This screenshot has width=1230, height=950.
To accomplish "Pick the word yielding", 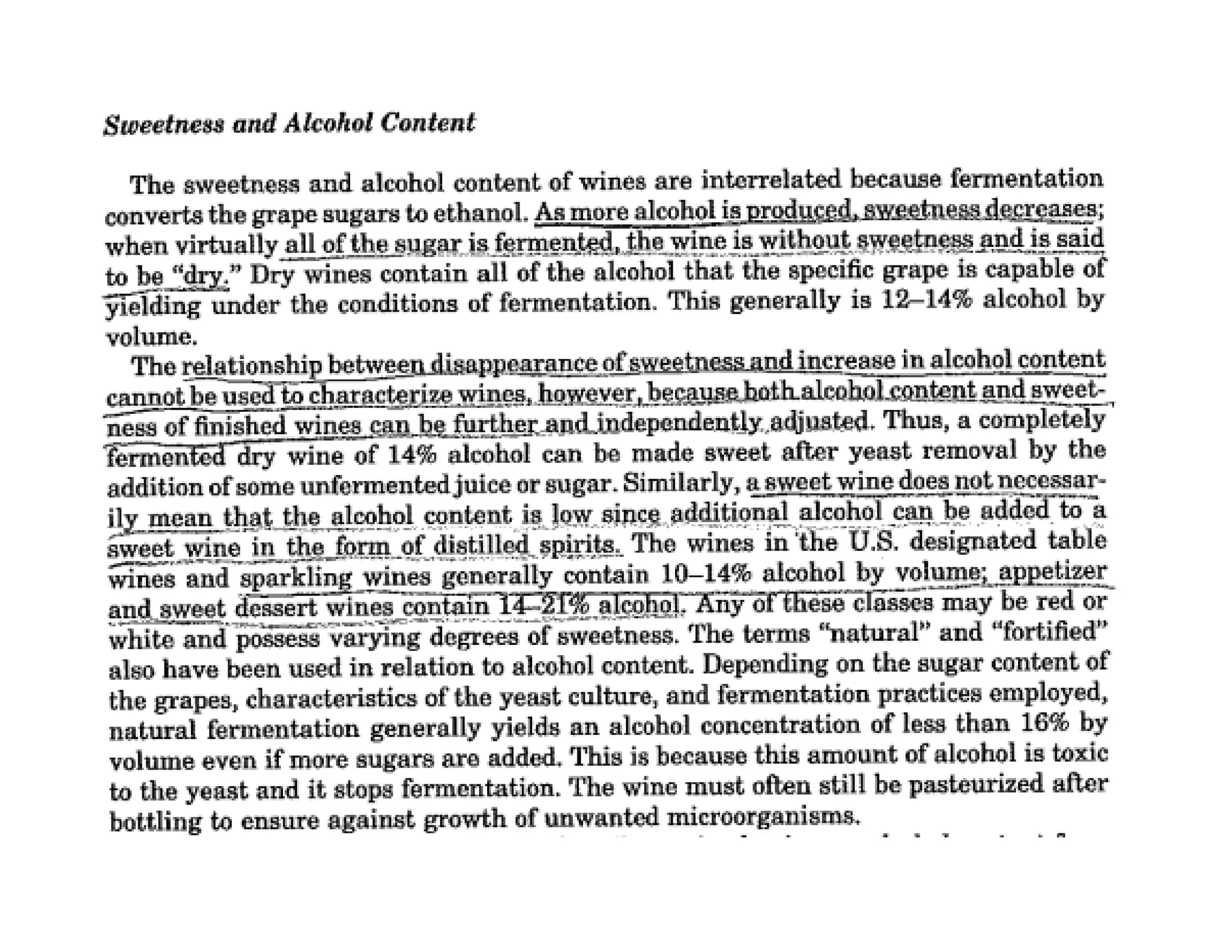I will tap(153, 307).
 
